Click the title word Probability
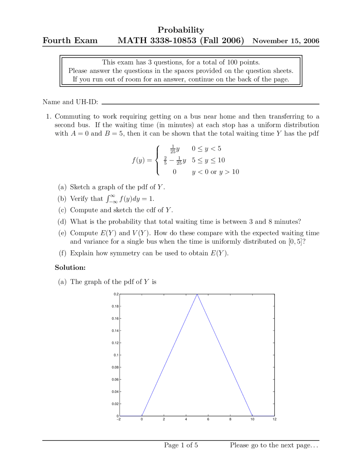[181, 30]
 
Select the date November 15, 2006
[286, 41]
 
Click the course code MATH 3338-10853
[157, 40]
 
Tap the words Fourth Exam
[70, 40]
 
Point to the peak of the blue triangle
[197, 294]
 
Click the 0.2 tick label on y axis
[116, 294]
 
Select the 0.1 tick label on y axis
[116, 355]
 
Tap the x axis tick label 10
[252, 419]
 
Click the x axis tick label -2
[119, 419]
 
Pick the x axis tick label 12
[274, 419]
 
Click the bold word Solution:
[70, 268]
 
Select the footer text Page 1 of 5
[181, 445]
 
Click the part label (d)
[62, 222]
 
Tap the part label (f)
[62, 253]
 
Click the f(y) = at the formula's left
[142, 160]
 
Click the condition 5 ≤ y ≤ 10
[208, 160]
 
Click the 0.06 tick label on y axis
[115, 380]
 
